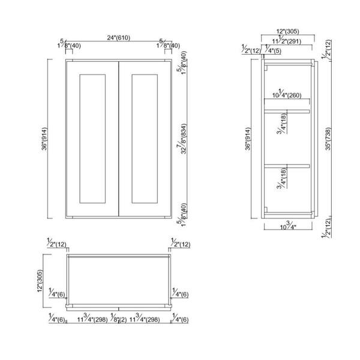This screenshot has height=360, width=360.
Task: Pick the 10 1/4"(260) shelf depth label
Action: click(287, 95)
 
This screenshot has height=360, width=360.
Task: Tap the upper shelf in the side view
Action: click(289, 110)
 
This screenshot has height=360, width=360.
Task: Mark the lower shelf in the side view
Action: click(289, 164)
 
